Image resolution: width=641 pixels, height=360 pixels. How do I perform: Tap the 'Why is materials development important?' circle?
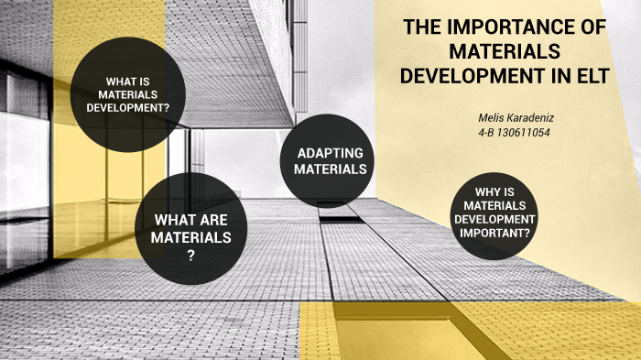tap(494, 213)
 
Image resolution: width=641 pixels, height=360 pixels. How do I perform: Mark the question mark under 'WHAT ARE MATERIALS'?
tap(191, 255)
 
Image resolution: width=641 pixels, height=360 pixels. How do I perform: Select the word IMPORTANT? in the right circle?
tap(494, 233)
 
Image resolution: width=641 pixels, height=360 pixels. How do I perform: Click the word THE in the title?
tap(424, 28)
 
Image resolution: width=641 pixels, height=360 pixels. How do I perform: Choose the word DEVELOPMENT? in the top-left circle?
tap(129, 107)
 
